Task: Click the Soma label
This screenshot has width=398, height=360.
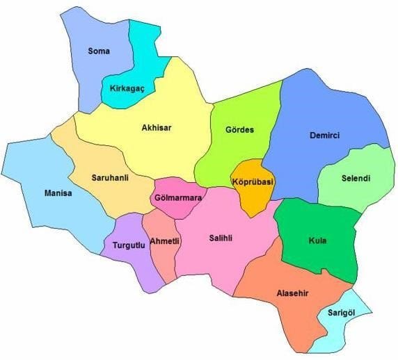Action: pyautogui.click(x=99, y=51)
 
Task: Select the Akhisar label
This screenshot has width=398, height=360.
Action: pyautogui.click(x=157, y=128)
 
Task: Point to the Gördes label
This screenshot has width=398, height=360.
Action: pyautogui.click(x=240, y=130)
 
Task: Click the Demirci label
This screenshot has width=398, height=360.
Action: pyautogui.click(x=325, y=136)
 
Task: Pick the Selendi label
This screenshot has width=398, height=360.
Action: pyautogui.click(x=356, y=178)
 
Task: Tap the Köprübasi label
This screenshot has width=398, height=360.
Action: pyautogui.click(x=253, y=182)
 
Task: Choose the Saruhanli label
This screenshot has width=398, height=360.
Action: pyautogui.click(x=111, y=178)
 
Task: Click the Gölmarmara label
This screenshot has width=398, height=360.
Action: pyautogui.click(x=178, y=198)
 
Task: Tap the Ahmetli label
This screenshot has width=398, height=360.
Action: pyautogui.click(x=165, y=241)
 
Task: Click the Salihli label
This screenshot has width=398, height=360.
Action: pyautogui.click(x=221, y=238)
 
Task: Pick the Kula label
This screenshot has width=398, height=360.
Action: pyautogui.click(x=317, y=241)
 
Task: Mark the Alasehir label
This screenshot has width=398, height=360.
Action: pyautogui.click(x=293, y=293)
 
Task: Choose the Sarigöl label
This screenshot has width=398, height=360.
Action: pyautogui.click(x=341, y=313)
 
